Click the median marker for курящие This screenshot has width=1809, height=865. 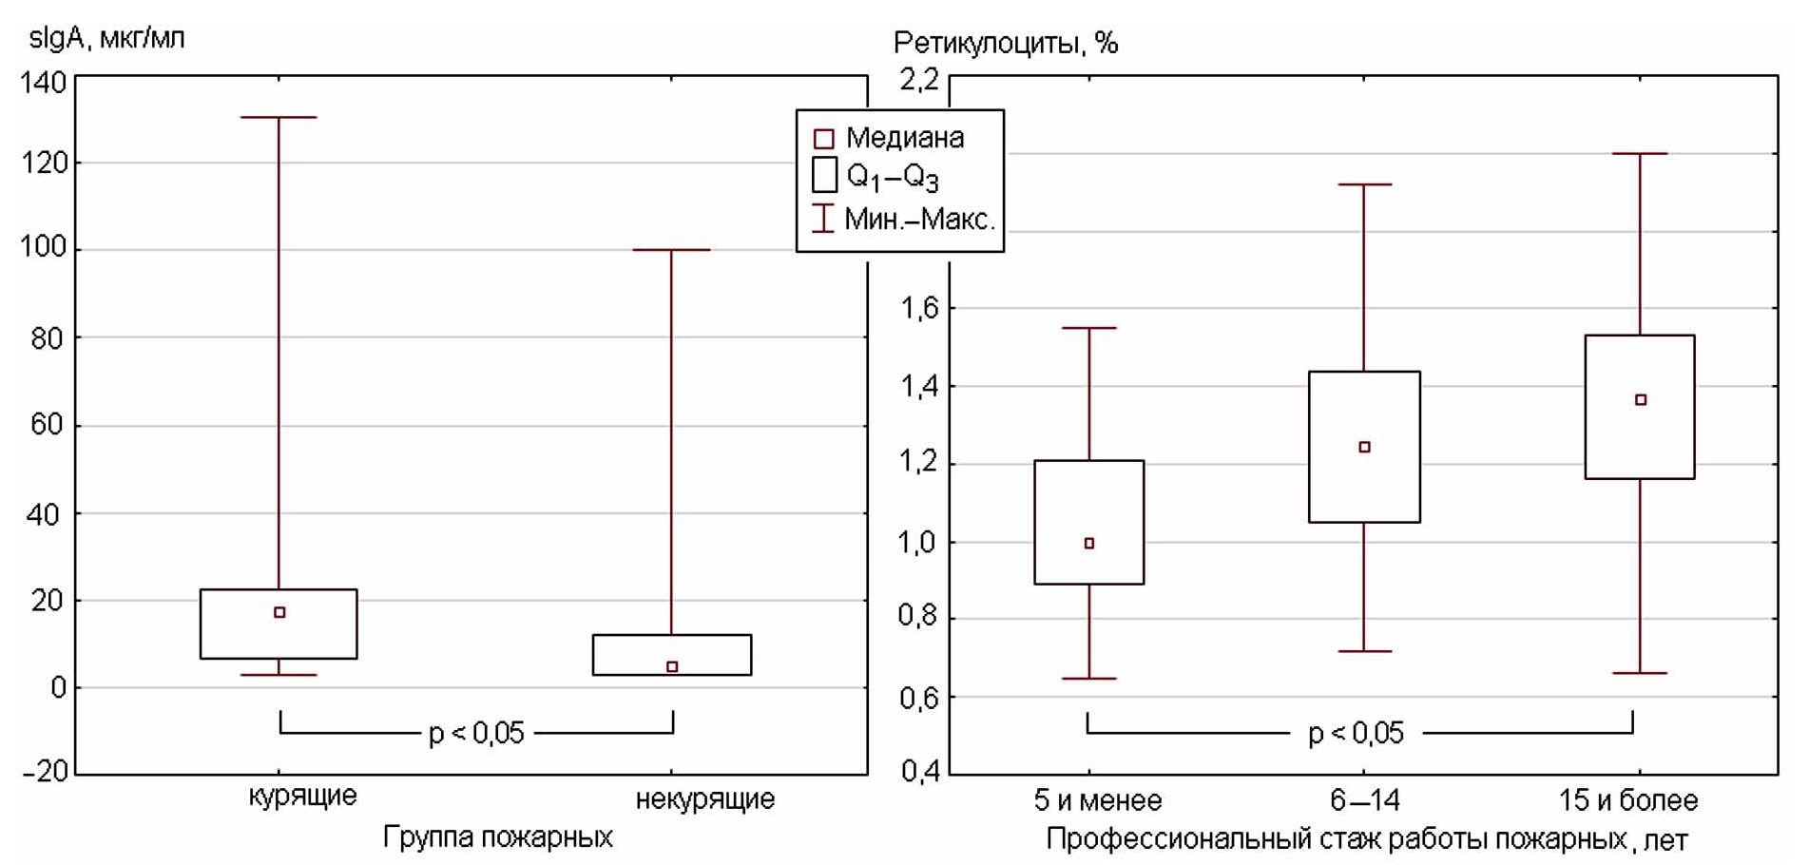tap(279, 612)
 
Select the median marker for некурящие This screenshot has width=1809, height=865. tap(672, 666)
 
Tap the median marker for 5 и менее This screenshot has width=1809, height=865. tap(1089, 543)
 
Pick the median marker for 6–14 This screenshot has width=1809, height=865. tap(1364, 447)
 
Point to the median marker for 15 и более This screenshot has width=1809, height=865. tap(1641, 399)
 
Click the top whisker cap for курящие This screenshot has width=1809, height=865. tap(279, 117)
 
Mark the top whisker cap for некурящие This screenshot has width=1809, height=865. tap(671, 249)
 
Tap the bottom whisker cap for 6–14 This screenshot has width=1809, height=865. tap(1364, 651)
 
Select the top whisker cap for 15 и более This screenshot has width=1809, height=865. tap(1640, 153)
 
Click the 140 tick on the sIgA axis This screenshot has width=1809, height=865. tap(44, 82)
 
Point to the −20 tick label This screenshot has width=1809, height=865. tap(44, 770)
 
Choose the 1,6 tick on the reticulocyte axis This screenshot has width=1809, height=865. tap(918, 307)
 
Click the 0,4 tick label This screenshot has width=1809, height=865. tap(918, 770)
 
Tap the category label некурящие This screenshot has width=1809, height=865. tap(704, 798)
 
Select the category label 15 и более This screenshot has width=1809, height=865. tap(1627, 800)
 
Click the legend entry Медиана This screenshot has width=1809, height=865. tap(904, 138)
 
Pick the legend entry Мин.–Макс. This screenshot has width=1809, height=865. tap(919, 220)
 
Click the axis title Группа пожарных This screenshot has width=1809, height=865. tap(497, 836)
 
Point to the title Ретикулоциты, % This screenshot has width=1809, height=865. tap(1005, 42)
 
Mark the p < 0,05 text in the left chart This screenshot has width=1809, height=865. tap(476, 733)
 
